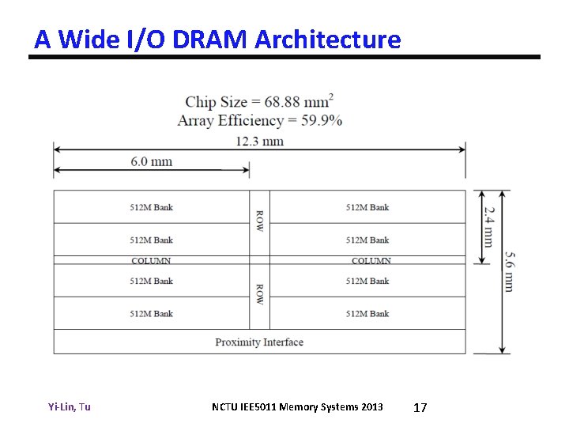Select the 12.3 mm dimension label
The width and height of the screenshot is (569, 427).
[x=259, y=142]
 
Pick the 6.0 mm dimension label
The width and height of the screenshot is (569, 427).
[x=152, y=161]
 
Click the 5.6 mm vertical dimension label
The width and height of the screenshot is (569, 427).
[x=509, y=271]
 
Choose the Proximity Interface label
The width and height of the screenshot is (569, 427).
[x=259, y=342]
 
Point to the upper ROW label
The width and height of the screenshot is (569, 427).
[x=259, y=221]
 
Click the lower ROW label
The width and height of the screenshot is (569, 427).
[x=259, y=296]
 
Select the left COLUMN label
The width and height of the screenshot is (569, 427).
[x=151, y=260]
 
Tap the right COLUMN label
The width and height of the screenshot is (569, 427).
[x=371, y=260]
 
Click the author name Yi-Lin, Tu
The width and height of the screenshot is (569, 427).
[x=70, y=407]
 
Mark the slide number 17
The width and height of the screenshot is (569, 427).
[x=420, y=407]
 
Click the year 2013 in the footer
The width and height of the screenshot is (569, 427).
[x=371, y=407]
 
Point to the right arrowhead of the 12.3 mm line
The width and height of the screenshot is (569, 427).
[x=462, y=148]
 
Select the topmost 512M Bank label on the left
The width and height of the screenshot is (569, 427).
[x=151, y=207]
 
